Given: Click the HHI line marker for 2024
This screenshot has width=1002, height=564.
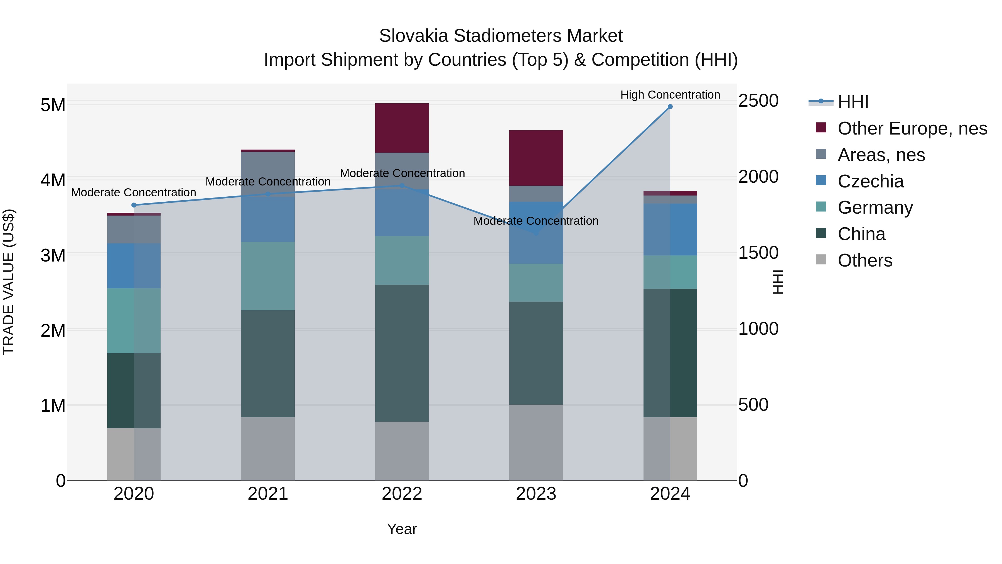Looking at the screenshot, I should [x=670, y=107].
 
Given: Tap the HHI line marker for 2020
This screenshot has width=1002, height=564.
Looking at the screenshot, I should [x=134, y=205].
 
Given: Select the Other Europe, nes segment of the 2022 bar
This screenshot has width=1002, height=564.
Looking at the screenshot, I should [x=402, y=128].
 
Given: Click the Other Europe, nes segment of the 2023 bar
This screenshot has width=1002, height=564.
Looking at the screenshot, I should [x=536, y=158].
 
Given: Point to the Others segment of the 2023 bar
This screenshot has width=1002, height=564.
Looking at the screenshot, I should [x=536, y=442].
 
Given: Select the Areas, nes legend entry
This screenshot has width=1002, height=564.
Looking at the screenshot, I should [x=881, y=155].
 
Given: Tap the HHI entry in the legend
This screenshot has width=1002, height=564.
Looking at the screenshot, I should [x=853, y=102].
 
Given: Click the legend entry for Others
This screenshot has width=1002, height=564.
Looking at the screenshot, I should [x=865, y=260].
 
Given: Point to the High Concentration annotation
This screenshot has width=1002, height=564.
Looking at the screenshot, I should [x=670, y=95].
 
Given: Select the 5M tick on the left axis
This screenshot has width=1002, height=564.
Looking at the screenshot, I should [x=53, y=105].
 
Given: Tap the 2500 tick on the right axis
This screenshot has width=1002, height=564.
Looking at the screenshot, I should [x=758, y=101].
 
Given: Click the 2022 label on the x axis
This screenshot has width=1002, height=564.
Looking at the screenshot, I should [x=402, y=494].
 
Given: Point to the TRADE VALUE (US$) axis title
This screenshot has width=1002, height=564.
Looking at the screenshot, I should [x=9, y=282].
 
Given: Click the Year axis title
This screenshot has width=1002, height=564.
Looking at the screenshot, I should [x=402, y=529].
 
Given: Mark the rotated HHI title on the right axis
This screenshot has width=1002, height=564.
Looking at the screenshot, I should [x=778, y=282].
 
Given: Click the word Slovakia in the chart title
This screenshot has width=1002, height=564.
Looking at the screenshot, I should [x=414, y=36].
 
